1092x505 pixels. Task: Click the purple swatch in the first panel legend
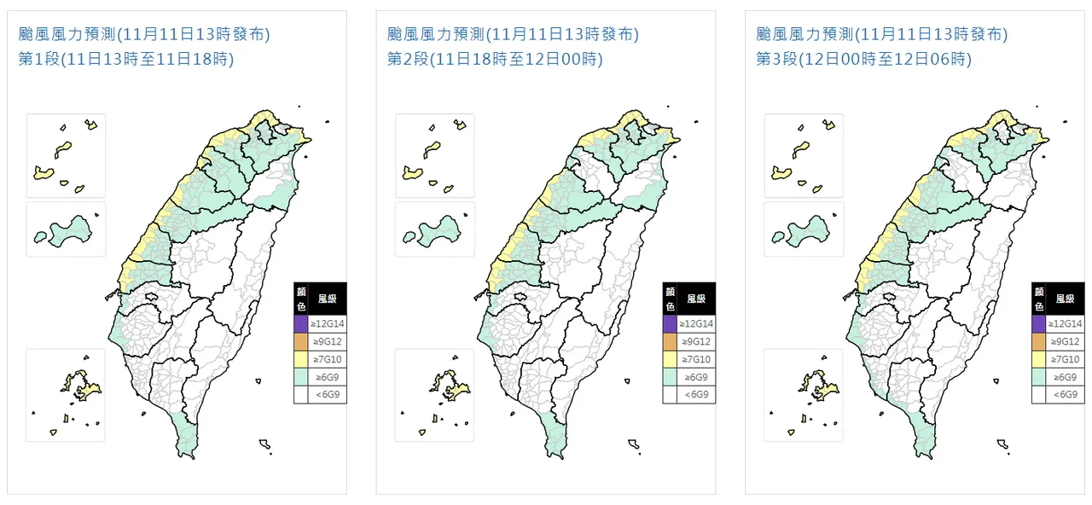300,324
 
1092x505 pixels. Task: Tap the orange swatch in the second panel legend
670,342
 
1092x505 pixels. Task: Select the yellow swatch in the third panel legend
1038,359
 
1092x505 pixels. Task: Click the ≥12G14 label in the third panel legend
1066,324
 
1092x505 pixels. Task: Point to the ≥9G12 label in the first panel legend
328,342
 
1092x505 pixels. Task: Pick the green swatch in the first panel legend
300,377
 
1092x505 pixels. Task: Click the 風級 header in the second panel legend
696,299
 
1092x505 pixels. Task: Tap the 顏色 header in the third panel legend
1038,299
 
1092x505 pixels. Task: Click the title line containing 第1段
126,59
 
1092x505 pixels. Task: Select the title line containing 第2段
495,59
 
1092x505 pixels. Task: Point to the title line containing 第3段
863,59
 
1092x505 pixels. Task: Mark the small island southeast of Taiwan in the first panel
265,444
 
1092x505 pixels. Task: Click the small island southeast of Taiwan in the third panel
1003,444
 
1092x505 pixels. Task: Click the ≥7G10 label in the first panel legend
328,359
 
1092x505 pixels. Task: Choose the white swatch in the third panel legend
1038,395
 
